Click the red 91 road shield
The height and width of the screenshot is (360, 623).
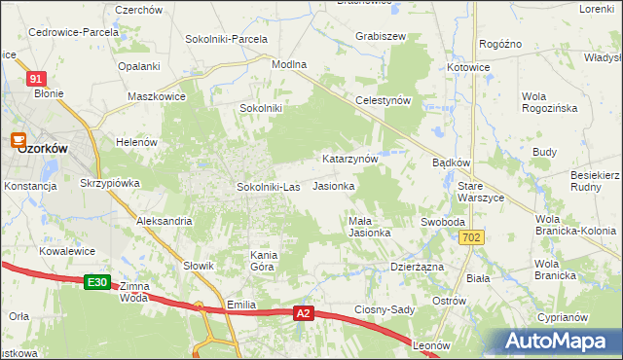click(x=36, y=79)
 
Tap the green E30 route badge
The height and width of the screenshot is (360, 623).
click(x=95, y=282)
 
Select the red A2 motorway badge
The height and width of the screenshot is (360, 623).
click(x=304, y=313)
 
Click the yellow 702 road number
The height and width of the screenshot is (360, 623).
click(x=472, y=237)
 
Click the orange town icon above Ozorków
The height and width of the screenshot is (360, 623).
click(x=18, y=140)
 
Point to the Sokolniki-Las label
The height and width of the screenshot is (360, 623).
click(x=268, y=186)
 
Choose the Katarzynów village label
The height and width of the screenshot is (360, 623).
click(x=349, y=158)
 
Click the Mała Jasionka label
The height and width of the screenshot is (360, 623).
click(x=370, y=227)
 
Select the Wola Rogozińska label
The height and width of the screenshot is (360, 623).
click(x=549, y=103)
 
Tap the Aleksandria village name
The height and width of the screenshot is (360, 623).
click(x=164, y=222)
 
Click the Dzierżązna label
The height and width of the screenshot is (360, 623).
click(x=417, y=267)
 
